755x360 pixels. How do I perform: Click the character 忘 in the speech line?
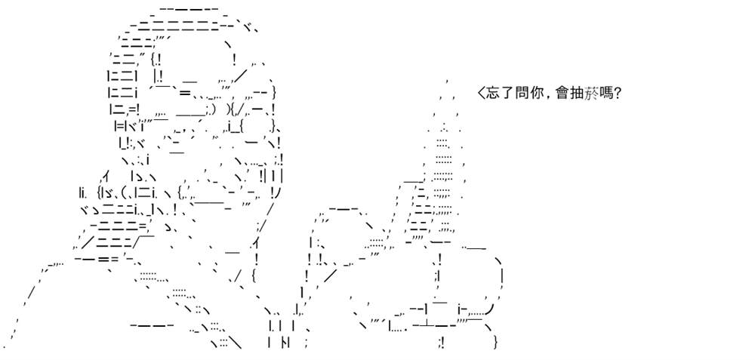pos(492,93)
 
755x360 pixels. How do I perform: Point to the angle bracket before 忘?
pos(480,93)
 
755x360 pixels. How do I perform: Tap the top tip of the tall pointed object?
pos(447,82)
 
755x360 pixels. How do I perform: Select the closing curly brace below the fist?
pos(495,343)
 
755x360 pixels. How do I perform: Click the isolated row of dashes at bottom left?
pos(152,326)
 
